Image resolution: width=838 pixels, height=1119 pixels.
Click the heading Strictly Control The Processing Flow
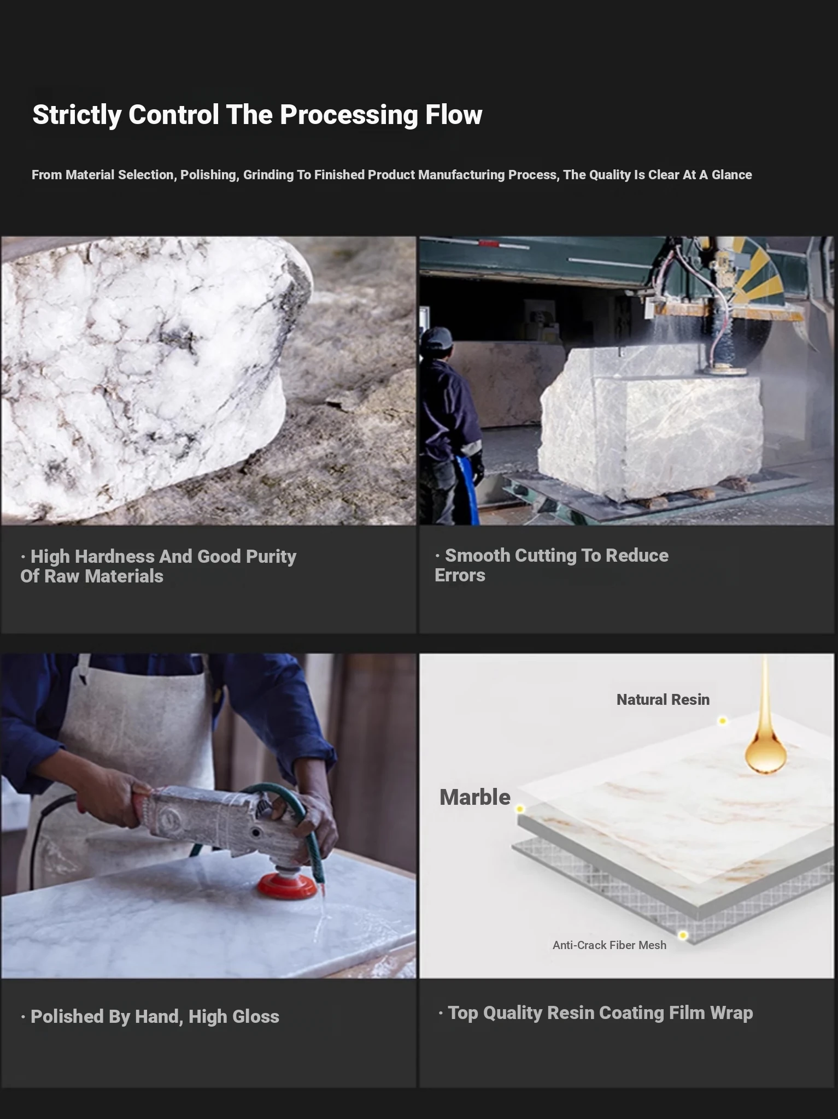pos(257,115)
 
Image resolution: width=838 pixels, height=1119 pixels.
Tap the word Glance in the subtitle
pos(731,175)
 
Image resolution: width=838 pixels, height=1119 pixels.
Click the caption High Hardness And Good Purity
pos(159,566)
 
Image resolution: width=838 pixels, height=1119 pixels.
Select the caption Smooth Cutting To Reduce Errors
pos(552,565)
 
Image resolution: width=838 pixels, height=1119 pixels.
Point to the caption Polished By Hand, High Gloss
pos(150,1016)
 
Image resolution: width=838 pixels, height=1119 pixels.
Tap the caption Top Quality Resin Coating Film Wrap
pos(596,1012)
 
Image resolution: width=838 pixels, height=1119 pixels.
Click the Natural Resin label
pos(663,699)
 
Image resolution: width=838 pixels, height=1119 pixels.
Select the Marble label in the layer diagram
pos(475,797)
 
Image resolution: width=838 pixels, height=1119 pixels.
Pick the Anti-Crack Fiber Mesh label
pos(610,945)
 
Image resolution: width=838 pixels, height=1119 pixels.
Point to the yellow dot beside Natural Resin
pos(722,721)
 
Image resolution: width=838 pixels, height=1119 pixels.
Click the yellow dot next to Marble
pos(520,809)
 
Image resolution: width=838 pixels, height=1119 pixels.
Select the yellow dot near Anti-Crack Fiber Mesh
pos(683,935)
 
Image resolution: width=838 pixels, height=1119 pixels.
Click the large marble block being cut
pos(651,423)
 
